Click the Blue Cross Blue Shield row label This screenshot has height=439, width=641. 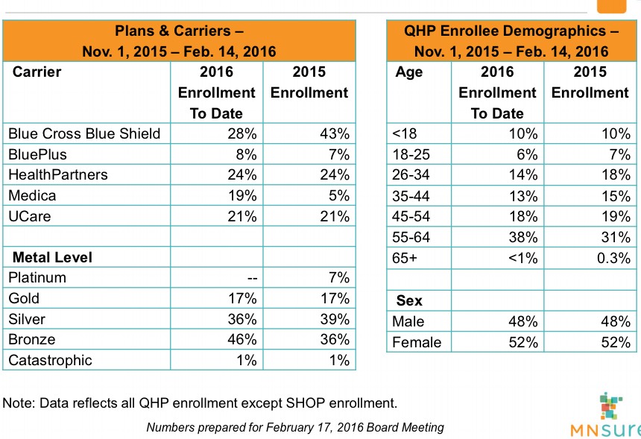[84, 133]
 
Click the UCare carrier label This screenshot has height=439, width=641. [28, 216]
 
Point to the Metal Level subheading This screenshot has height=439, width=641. [53, 257]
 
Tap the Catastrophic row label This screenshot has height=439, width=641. [50, 360]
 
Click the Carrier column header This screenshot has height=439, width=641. [37, 72]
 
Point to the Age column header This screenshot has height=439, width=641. [408, 72]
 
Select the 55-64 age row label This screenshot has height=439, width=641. [411, 237]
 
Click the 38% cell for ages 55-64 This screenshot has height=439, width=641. [522, 237]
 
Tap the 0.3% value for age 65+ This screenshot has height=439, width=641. [613, 258]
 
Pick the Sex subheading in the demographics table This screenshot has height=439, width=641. [409, 301]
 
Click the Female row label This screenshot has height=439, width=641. [417, 342]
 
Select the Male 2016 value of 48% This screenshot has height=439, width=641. [522, 321]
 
